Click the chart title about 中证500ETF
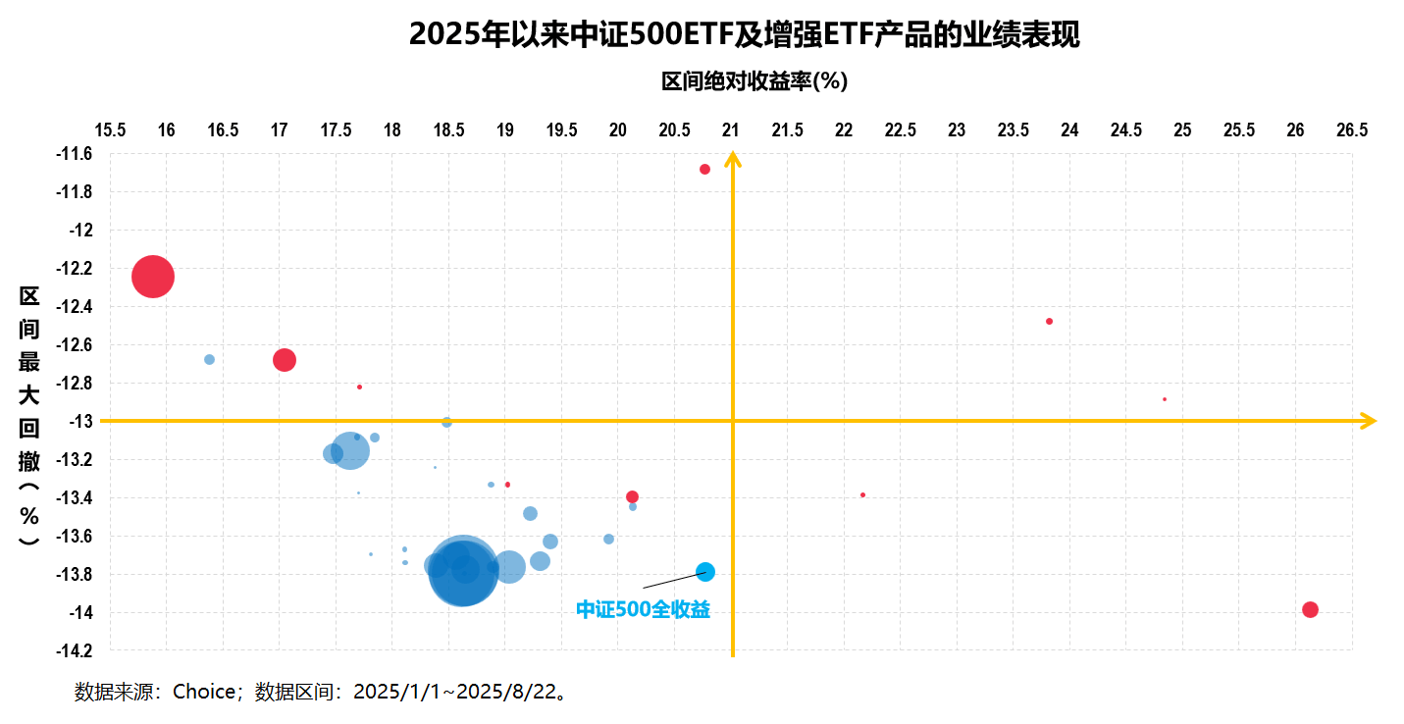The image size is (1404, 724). pos(744,34)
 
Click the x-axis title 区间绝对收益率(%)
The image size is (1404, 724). pos(754,81)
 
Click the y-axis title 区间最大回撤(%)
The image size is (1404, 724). pos(29,417)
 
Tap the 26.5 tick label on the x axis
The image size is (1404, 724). pos(1352,130)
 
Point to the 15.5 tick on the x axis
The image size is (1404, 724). pos(109,130)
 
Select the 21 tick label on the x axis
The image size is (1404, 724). pos(731,130)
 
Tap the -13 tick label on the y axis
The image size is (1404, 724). pos(80,421)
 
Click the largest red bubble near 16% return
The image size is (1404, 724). pos(153,277)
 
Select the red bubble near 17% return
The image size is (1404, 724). pos(284,360)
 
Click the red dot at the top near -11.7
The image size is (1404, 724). pos(704,170)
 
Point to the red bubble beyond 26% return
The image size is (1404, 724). pos(1310,609)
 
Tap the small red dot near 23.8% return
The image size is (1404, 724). pos(1049,322)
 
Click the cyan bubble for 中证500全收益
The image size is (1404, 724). pos(705,572)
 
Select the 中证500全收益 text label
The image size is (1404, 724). pos(643,609)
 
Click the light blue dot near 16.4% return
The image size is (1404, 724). pos(209,360)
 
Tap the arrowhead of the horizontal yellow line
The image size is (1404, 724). pos(1369,421)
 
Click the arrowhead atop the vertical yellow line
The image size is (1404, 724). pos(732,159)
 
